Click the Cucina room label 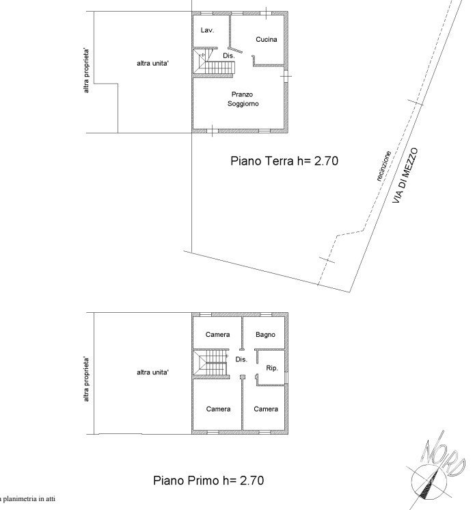tap(267, 39)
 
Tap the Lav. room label tap(207, 30)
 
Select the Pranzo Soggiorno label tap(243, 99)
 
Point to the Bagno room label tap(265, 334)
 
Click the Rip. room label tap(272, 368)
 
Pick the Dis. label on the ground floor tap(228, 55)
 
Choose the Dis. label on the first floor tap(241, 359)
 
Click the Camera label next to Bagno tap(217, 334)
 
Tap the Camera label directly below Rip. tap(266, 409)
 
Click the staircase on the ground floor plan tap(215, 63)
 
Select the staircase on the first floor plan tap(211, 364)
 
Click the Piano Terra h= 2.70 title tap(284, 161)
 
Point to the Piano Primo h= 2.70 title tap(208, 481)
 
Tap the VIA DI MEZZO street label tap(405, 176)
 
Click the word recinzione tap(384, 166)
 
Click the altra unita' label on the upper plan tap(152, 63)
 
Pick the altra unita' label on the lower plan tap(152, 372)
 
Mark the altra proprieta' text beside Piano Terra tap(86, 71)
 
